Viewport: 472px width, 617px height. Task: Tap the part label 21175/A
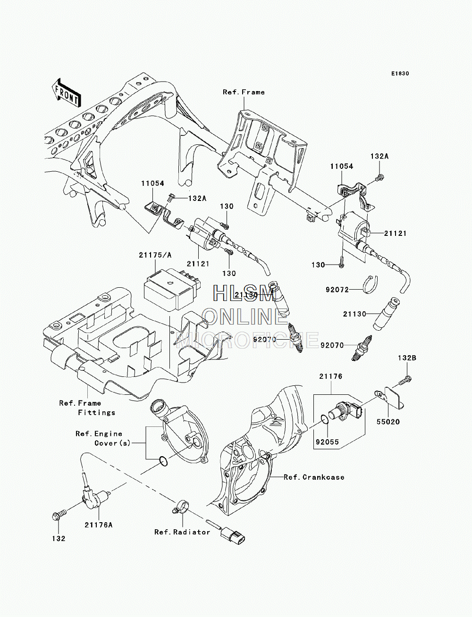click(x=155, y=255)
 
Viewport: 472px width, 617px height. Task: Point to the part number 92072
click(x=337, y=290)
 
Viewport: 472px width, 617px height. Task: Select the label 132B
click(x=407, y=359)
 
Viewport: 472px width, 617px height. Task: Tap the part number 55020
click(x=388, y=430)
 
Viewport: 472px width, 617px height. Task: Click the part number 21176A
click(x=99, y=525)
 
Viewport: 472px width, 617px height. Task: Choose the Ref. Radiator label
click(x=182, y=532)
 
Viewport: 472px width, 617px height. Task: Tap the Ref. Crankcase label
click(x=314, y=477)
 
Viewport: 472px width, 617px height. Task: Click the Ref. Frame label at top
click(x=244, y=92)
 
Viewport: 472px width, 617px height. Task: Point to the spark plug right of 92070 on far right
click(x=362, y=348)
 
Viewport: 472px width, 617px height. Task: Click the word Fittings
click(x=97, y=413)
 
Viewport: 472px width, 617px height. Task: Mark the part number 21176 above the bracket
click(x=331, y=376)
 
